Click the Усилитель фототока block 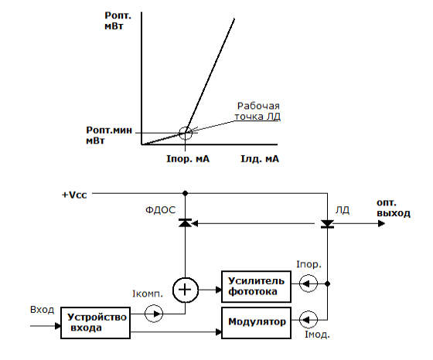[x=256, y=287]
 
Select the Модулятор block [x=256, y=323]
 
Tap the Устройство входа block [x=96, y=323]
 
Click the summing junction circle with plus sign [x=186, y=290]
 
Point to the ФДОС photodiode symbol [x=186, y=223]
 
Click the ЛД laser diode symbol [x=328, y=224]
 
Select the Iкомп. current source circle [x=154, y=314]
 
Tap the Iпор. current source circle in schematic [x=309, y=284]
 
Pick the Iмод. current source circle [x=309, y=320]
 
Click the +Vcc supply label [x=74, y=195]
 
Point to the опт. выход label [x=394, y=208]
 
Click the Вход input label [x=42, y=310]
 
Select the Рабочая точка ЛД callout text [x=257, y=111]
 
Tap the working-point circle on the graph [x=186, y=133]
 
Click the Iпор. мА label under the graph [x=188, y=159]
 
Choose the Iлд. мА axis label [x=260, y=159]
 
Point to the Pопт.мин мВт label [x=109, y=135]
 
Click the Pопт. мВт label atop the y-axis [x=118, y=21]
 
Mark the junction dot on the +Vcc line [x=186, y=193]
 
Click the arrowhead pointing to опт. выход [x=381, y=224]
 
